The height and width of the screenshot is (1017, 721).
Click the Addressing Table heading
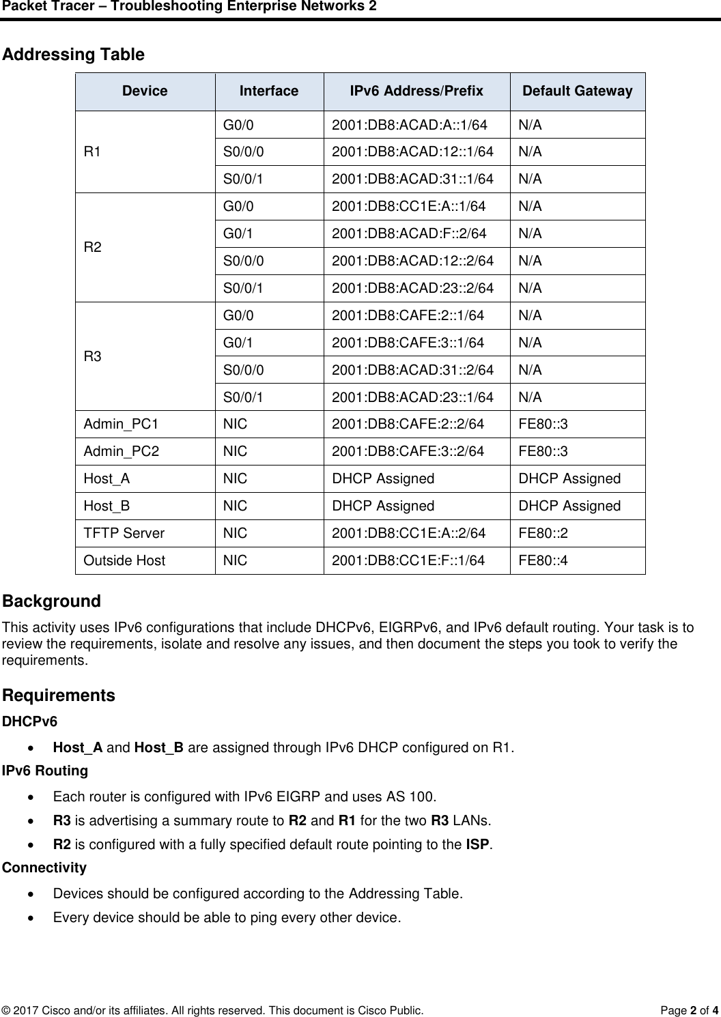click(74, 55)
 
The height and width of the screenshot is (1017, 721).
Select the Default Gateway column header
click(577, 91)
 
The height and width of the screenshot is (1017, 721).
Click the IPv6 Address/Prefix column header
click(416, 91)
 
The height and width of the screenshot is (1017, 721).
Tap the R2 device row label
click(94, 247)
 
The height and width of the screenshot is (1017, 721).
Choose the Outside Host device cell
click(124, 561)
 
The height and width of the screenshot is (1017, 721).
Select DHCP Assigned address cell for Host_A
click(382, 479)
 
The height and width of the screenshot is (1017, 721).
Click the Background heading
click(52, 601)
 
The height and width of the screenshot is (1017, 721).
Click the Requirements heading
click(59, 696)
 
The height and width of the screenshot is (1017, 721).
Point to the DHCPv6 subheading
click(30, 721)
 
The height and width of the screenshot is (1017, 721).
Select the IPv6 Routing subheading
click(45, 771)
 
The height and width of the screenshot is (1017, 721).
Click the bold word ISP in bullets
click(475, 845)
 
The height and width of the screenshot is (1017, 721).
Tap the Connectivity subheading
click(44, 868)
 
